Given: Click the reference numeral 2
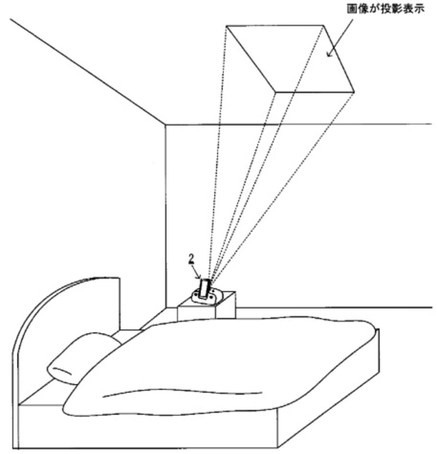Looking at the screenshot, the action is [191, 260].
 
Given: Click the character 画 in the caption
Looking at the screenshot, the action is [352, 9].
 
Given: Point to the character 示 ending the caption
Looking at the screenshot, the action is [419, 9].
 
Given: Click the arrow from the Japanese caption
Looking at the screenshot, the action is [340, 38].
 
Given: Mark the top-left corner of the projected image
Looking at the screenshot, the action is [226, 25].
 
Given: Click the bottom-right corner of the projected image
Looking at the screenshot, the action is [354, 92].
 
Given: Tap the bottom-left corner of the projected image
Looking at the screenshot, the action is [275, 92].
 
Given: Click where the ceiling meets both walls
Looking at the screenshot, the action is [165, 125].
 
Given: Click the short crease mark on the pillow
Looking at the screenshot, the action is [62, 371].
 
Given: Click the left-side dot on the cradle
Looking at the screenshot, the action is [196, 296].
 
